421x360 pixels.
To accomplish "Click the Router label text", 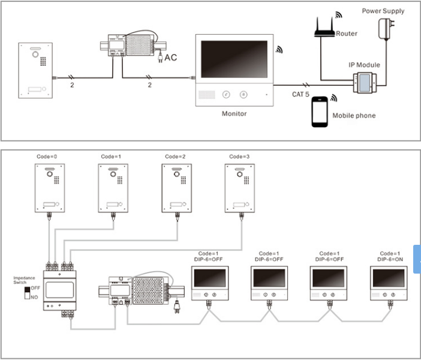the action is point(347,34).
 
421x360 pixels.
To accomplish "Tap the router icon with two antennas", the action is point(324,27).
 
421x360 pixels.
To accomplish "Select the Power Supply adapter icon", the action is point(386,29).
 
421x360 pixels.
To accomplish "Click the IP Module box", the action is point(365,82).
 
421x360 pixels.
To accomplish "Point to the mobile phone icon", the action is point(320,112).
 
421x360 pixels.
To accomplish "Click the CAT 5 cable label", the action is point(300,94).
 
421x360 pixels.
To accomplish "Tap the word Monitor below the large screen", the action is point(234,113).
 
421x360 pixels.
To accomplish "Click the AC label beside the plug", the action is point(170,58).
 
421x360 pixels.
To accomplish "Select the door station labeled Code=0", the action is point(50,188).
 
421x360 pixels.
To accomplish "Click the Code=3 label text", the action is point(239,157).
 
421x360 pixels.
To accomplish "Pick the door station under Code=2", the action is point(177,188).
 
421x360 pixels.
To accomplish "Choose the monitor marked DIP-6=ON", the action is point(389,283).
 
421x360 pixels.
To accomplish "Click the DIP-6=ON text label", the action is point(390,259).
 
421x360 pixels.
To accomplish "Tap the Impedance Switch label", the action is point(24,280).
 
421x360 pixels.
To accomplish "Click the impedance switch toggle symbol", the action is point(27,293).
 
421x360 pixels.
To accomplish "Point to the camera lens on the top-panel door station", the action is point(35,55).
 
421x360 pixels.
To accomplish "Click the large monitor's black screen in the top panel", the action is point(234,59).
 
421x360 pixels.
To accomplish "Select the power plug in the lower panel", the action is point(177,307).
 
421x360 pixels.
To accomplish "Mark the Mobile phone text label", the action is point(354,116).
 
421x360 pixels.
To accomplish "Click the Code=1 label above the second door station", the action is point(111,157).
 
